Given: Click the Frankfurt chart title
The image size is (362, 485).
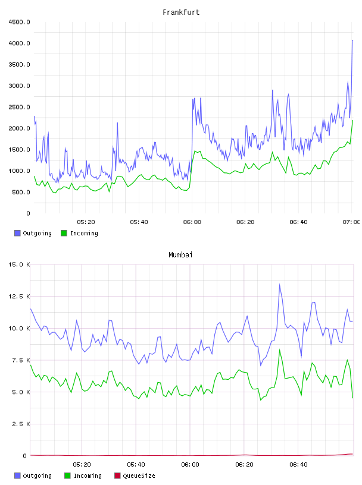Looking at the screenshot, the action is [x=181, y=12].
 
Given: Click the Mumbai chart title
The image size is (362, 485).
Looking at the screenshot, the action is [x=180, y=254].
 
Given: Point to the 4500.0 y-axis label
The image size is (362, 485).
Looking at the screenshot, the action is [x=19, y=22].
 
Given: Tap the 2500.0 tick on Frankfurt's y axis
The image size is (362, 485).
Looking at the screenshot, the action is [x=19, y=107].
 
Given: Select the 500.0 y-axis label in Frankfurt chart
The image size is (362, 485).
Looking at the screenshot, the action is [x=21, y=192].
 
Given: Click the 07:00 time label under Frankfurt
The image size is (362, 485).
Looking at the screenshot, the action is [x=351, y=222].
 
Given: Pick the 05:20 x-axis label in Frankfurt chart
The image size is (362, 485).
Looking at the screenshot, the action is [x=86, y=222].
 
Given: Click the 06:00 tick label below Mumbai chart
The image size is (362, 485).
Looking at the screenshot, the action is [x=190, y=464].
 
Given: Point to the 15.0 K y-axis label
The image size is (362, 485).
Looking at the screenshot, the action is [x=19, y=264].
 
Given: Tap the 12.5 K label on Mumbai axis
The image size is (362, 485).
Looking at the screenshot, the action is [x=19, y=297].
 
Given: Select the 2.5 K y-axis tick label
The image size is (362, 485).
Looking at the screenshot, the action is [x=21, y=424].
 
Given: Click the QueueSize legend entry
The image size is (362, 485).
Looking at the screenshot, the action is [x=135, y=475].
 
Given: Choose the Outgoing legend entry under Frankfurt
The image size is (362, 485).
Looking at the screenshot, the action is [x=33, y=233].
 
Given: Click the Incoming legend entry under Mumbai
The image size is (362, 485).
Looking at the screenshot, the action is [x=83, y=475].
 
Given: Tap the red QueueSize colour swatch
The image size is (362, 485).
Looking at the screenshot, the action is [x=117, y=475].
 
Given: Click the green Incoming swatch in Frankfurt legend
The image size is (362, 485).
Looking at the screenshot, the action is [x=64, y=233].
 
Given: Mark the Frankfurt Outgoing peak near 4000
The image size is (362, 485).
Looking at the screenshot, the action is [x=352, y=40].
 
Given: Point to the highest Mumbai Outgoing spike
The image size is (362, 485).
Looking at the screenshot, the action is [x=280, y=284].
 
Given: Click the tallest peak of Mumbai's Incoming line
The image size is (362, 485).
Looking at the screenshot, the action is [x=280, y=350].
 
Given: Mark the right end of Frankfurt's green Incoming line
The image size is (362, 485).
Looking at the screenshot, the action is [x=352, y=120].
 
